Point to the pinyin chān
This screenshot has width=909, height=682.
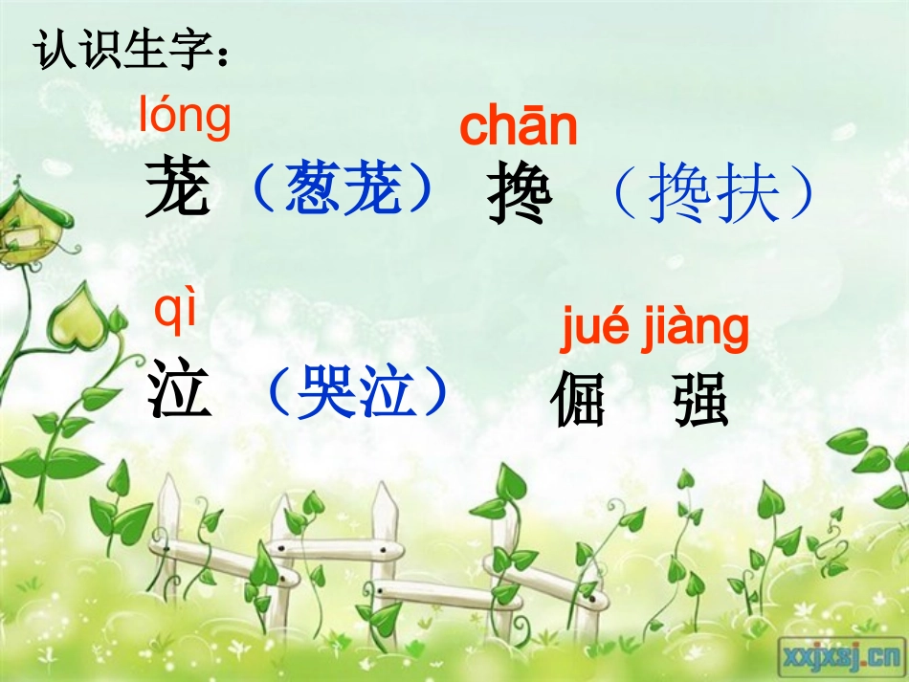tap(519, 128)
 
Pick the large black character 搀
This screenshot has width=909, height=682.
tap(520, 195)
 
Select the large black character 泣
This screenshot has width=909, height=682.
tap(179, 392)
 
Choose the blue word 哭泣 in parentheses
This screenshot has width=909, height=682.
tap(357, 392)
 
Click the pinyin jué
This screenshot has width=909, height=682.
tap(592, 329)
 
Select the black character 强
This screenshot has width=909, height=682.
tap(699, 400)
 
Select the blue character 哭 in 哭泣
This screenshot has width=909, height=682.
tap(325, 392)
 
